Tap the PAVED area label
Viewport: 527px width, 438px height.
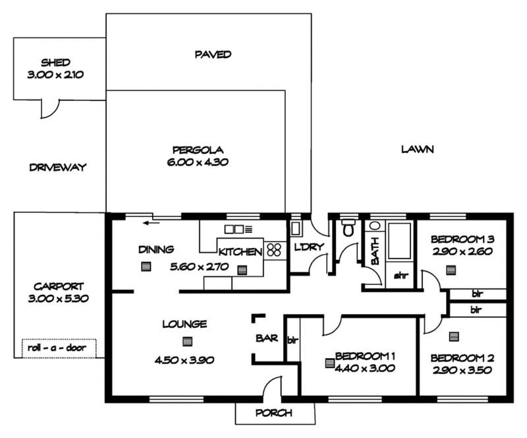(213, 54)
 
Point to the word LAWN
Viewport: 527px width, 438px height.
(417, 150)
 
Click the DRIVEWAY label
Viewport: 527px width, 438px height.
(58, 168)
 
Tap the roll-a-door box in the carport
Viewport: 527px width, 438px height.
(59, 348)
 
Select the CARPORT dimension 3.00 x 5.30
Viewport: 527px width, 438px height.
(59, 298)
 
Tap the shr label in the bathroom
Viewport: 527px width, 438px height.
(401, 276)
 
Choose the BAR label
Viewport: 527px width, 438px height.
(266, 339)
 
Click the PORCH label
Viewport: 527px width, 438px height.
(274, 413)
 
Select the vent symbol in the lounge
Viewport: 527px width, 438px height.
(188, 342)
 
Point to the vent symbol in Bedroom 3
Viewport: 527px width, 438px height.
(451, 270)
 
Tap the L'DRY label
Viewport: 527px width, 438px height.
(306, 247)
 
